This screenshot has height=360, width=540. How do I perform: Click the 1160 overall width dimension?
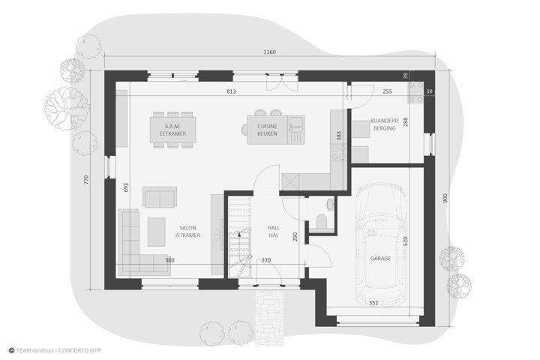pos(270,52)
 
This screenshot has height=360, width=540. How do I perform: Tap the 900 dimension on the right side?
pos(445,198)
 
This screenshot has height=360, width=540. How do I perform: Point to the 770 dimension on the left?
pos(86,179)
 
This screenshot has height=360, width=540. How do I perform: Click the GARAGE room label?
pos(380,258)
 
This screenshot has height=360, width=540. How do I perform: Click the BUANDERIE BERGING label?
pos(385,124)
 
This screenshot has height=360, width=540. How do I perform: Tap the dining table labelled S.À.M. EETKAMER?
pos(173,130)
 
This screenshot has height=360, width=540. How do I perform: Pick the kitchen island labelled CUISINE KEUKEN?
pos(267,130)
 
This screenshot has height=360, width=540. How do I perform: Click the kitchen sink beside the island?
pos(296,124)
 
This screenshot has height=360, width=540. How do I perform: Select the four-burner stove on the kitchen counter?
pos(338,152)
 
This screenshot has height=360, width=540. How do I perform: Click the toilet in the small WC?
pos(321,221)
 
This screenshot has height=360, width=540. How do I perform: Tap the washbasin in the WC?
pos(331,204)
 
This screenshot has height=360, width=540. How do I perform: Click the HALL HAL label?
pos(274,232)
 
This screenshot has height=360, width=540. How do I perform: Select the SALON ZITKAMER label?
pos(187,232)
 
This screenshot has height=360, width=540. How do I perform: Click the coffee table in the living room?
pos(156,232)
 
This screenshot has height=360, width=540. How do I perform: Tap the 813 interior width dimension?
pos(231,91)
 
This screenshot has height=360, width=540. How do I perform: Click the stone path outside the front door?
pos(270,318)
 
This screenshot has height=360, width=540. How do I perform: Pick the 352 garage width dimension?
pos(373,303)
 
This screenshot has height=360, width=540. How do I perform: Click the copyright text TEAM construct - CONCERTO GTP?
pos(55,351)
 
